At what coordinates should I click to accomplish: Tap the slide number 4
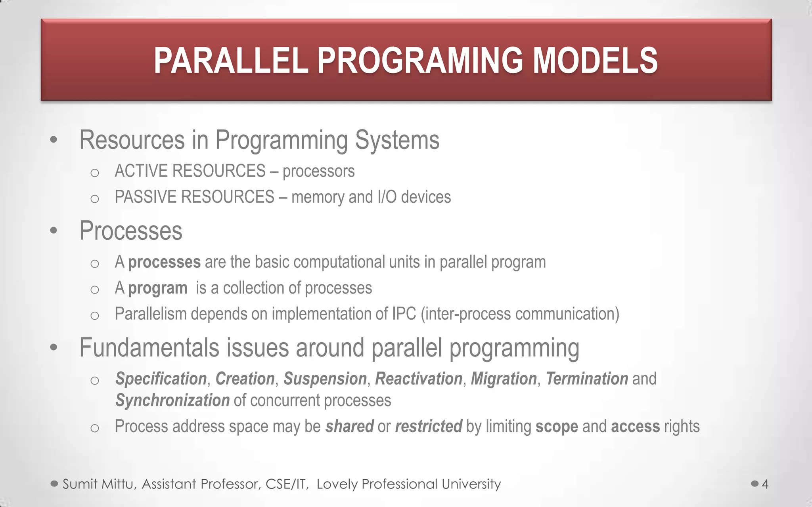(765, 484)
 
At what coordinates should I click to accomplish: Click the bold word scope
(557, 427)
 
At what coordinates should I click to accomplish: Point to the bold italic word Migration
(504, 379)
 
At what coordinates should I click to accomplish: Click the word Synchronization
(172, 400)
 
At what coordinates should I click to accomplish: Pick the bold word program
(157, 288)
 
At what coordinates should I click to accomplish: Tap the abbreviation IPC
(404, 314)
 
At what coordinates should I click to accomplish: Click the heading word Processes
(131, 231)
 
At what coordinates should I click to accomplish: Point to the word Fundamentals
(149, 347)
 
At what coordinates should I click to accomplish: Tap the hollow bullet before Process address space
(94, 428)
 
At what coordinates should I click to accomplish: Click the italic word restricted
(428, 427)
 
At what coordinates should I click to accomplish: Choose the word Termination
(587, 379)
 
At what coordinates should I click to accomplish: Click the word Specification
(161, 379)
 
